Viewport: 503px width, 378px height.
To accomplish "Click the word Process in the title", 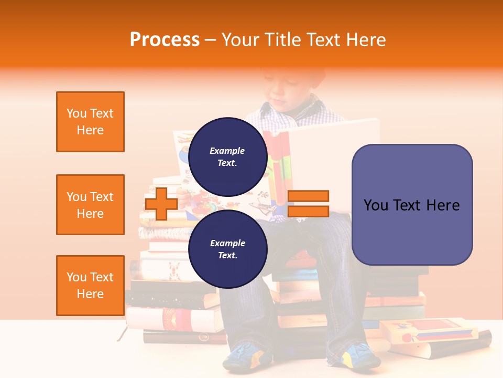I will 165,40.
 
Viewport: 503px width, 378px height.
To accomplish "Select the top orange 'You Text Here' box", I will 90,122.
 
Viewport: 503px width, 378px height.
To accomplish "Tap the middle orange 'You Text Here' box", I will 90,205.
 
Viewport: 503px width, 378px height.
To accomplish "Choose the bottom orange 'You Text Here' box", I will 90,286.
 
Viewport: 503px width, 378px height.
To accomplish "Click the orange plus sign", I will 161,204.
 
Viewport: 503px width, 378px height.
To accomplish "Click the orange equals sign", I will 308,204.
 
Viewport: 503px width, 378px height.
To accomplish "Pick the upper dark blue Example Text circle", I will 227,156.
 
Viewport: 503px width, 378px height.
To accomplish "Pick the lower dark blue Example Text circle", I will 227,249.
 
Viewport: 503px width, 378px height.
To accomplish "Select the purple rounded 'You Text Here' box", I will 412,205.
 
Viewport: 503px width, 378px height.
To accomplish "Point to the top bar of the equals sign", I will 308,196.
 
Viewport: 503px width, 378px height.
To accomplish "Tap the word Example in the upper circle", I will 227,151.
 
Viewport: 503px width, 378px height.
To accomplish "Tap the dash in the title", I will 210,40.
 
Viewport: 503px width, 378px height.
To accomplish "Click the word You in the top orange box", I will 76,113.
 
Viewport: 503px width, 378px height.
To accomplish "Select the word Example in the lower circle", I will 227,243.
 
